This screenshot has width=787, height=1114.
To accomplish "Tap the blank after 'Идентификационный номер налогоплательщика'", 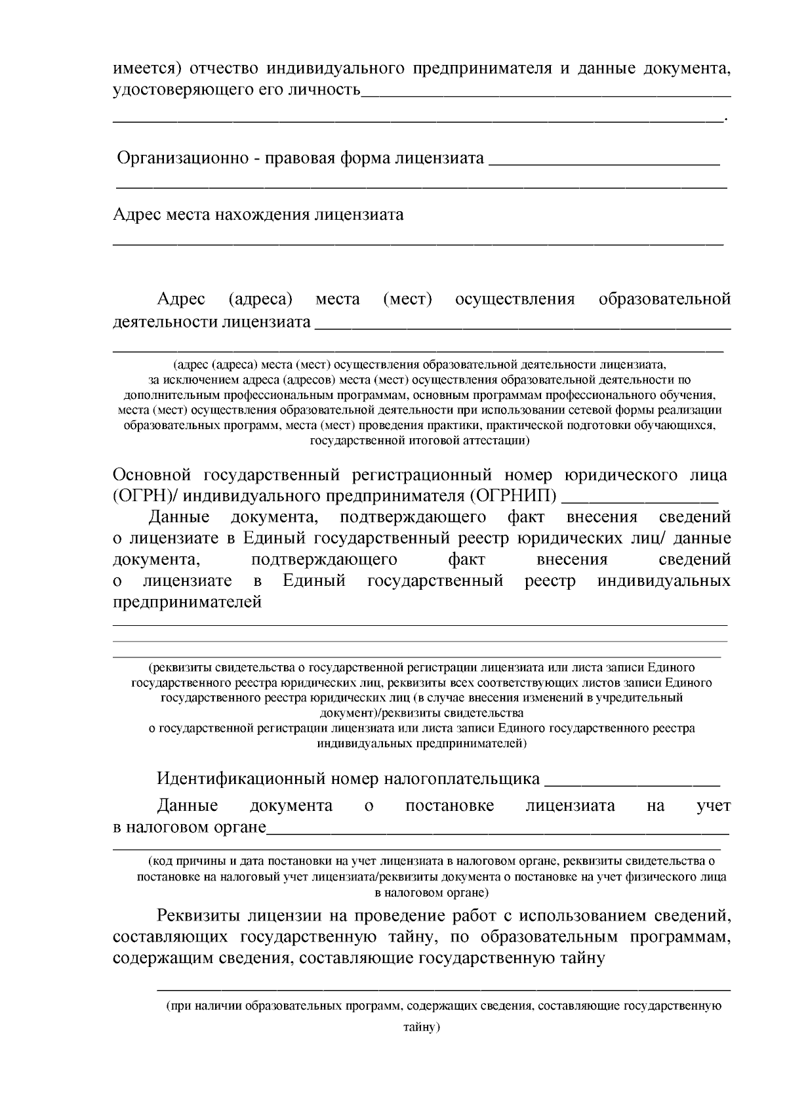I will pyautogui.click(x=632, y=781).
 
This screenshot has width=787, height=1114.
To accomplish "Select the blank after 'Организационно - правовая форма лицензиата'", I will pyautogui.click(x=604, y=159).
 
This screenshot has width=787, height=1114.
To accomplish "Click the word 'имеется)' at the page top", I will pyautogui.click(x=140, y=68).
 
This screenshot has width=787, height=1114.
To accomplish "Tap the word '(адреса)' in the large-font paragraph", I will pyautogui.click(x=260, y=300).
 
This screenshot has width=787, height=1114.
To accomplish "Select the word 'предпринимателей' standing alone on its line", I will pyautogui.click(x=188, y=602).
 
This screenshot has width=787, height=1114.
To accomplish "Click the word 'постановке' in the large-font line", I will pyautogui.click(x=450, y=806).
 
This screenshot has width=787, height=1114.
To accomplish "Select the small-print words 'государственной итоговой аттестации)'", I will pyautogui.click(x=420, y=441).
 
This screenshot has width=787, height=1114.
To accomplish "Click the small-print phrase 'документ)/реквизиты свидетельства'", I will pyautogui.click(x=421, y=712).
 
